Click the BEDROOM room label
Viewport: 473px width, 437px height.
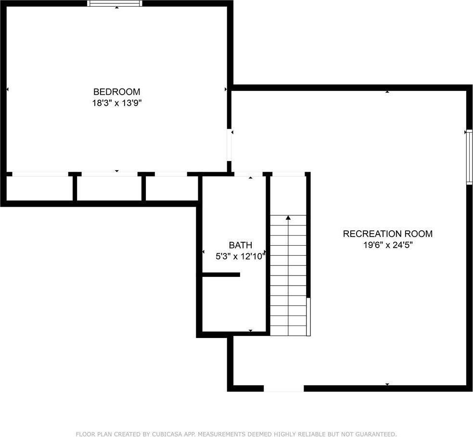tap(116, 92)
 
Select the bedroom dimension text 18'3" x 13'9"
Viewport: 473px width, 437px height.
tap(116, 103)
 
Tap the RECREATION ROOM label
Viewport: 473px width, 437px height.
tap(387, 234)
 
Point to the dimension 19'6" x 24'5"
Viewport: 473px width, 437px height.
tap(387, 245)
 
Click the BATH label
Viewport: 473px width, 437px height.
tap(240, 245)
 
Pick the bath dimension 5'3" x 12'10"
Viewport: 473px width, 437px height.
tap(240, 257)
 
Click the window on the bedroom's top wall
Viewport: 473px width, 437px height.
tap(115, 3)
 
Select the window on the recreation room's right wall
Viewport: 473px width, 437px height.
tap(469, 157)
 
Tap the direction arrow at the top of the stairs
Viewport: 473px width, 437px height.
tap(288, 218)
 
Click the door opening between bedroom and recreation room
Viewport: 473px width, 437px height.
tap(230, 145)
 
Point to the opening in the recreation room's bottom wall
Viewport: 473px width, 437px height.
tap(283, 388)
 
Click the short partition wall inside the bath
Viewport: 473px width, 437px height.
tap(221, 275)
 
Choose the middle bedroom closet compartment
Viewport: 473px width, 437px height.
tap(109, 188)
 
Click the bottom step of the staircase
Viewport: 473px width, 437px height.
tap(288, 331)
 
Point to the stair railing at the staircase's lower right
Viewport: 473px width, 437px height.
tap(308, 316)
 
